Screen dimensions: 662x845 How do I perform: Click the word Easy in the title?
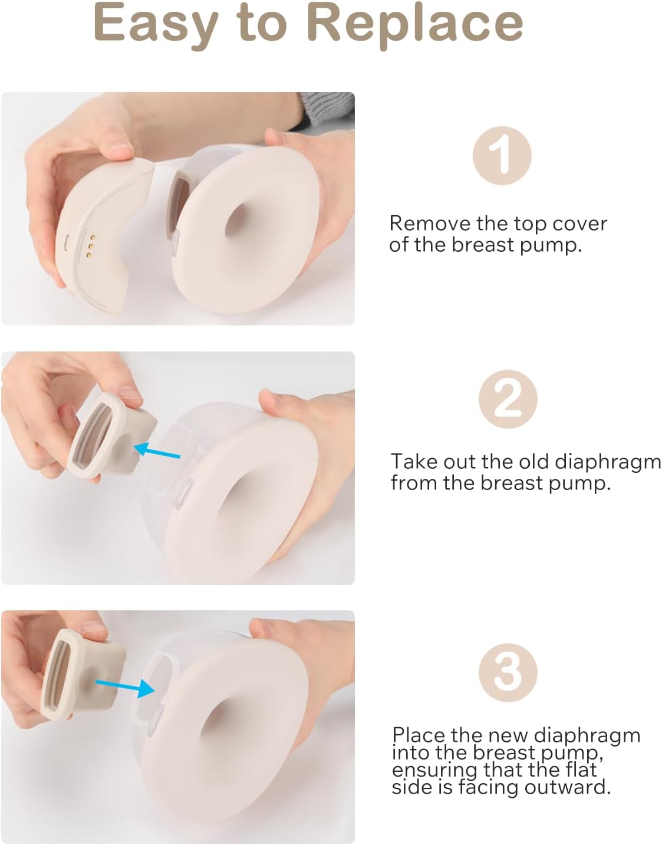point(156,24)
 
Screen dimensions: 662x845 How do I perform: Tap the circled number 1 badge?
point(502,156)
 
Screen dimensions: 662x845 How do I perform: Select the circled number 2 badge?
point(508,399)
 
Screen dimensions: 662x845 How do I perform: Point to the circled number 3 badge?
point(508,672)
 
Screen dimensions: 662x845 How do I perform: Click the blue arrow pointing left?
point(157,451)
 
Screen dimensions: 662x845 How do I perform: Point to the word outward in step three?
point(567,787)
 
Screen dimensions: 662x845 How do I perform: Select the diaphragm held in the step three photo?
point(84,680)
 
